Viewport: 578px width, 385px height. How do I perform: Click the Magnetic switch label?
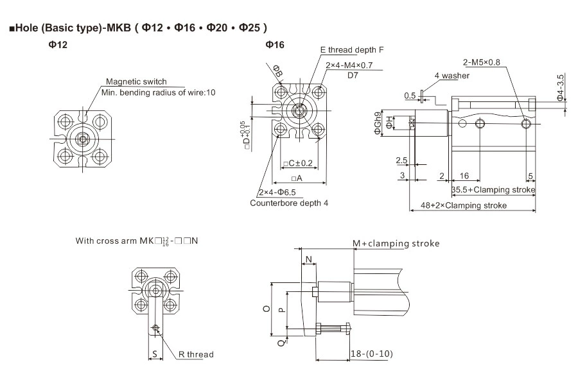[x=136, y=81]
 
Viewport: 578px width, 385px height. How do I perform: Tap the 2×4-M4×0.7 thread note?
[x=353, y=65]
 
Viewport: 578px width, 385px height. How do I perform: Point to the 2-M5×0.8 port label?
[x=486, y=62]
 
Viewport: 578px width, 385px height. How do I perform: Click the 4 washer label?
[x=452, y=76]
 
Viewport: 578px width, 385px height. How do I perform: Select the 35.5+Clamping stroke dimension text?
[x=493, y=191]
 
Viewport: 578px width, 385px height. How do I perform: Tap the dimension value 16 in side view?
[x=464, y=175]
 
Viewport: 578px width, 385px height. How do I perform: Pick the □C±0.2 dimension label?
[x=297, y=163]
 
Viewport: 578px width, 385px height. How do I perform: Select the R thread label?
[x=196, y=354]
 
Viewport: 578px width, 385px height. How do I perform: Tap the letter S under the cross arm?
[x=154, y=354]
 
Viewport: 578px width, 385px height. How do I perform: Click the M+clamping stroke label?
[x=396, y=243]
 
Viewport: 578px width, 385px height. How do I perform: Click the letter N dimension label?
[x=310, y=260]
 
